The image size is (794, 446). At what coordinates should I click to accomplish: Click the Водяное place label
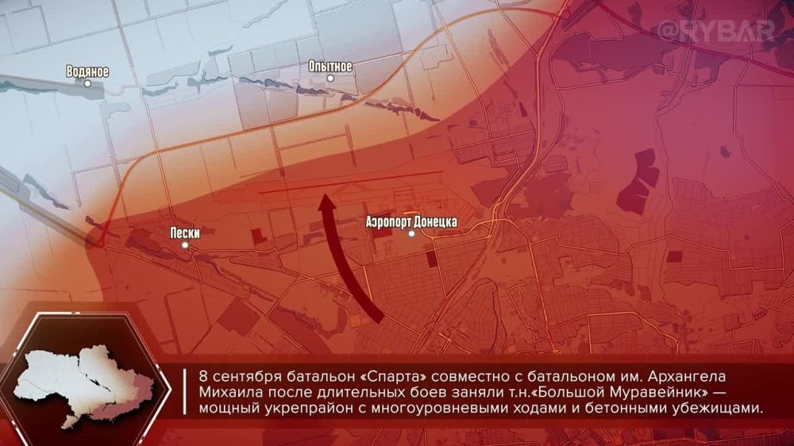click(x=88, y=71)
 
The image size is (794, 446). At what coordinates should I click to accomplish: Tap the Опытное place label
click(x=330, y=67)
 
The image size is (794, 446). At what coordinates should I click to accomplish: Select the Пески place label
click(x=184, y=233)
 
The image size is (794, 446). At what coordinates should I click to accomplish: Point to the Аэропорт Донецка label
click(x=411, y=222)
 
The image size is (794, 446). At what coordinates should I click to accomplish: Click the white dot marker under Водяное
click(x=88, y=83)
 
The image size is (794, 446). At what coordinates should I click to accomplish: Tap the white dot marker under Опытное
click(x=330, y=78)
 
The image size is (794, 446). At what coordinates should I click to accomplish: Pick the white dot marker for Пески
click(x=185, y=245)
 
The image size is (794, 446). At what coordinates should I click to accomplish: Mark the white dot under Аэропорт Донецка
click(x=411, y=233)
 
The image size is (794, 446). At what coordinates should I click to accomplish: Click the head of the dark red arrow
click(x=326, y=205)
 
